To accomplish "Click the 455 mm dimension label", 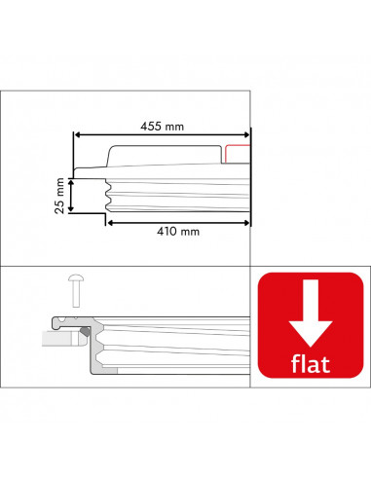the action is pos(162,127).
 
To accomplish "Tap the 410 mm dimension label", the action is pos(178,232).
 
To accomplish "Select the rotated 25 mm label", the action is pos(59,196).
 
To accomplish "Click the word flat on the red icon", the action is pos(311,363).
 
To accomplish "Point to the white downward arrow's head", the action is pos(311,334).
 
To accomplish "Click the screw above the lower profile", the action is pos(76,290).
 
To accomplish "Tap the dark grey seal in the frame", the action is pos(86,331).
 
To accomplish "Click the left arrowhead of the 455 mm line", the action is pos(77,135).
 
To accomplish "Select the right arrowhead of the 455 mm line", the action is pos(246,135).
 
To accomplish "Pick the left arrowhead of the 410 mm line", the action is pos(110,223).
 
